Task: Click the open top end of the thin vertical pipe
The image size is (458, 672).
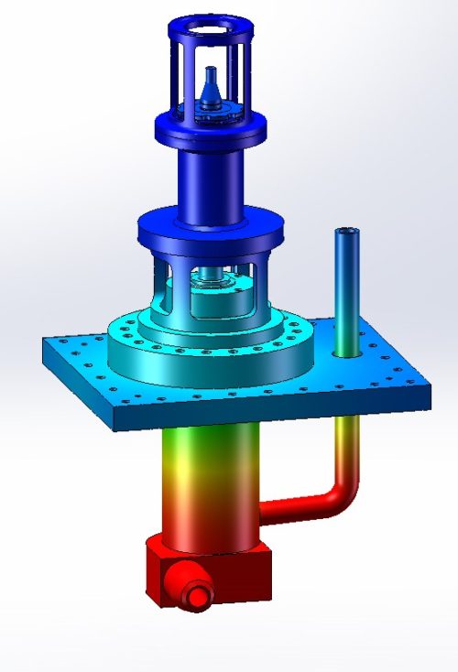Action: [x=346, y=233]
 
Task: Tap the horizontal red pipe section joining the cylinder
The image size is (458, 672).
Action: [x=293, y=510]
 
